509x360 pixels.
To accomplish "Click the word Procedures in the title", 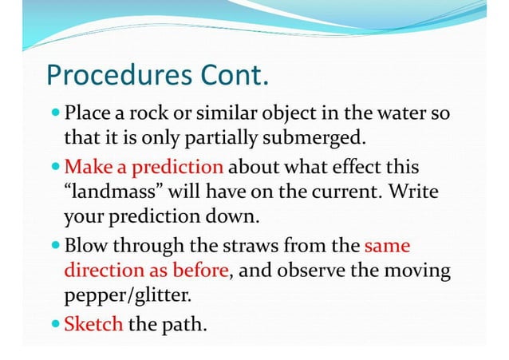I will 114,77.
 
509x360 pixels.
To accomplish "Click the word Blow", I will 84,245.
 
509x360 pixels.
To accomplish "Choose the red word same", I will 389,245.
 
